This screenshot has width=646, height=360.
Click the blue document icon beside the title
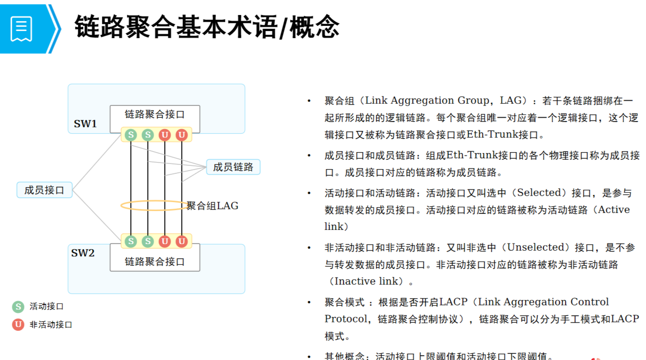[22, 28]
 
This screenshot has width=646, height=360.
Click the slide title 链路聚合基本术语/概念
[207, 26]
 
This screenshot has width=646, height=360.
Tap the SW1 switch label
[85, 124]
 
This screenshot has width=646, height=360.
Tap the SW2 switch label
[83, 253]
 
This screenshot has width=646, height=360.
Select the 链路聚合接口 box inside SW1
[155, 115]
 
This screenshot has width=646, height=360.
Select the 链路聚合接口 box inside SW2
[155, 262]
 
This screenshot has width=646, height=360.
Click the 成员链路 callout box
[233, 167]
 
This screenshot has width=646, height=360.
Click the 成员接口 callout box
[44, 190]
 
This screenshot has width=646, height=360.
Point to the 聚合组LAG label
[213, 206]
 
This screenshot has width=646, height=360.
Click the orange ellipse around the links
[124, 206]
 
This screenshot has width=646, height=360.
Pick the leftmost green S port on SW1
[131, 135]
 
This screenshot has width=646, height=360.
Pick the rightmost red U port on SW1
[182, 135]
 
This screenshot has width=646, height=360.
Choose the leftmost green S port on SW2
[131, 241]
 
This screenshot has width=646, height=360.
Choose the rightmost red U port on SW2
[182, 241]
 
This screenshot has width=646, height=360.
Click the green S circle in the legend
[18, 307]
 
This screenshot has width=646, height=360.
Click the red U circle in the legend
[18, 324]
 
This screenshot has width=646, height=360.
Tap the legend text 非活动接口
[51, 325]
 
